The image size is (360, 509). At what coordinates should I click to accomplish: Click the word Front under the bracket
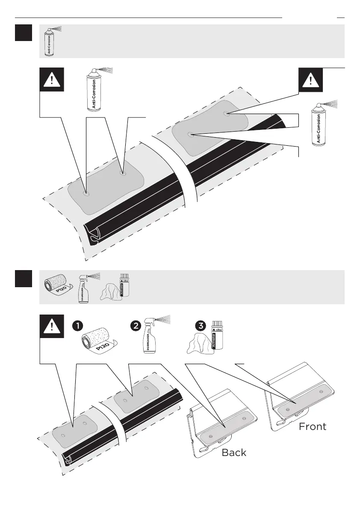pyautogui.click(x=312, y=426)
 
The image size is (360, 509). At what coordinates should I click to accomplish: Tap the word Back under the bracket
pyautogui.click(x=234, y=453)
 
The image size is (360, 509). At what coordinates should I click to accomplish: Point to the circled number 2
pyautogui.click(x=136, y=326)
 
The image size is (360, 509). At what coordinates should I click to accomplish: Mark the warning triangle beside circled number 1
pyautogui.click(x=51, y=327)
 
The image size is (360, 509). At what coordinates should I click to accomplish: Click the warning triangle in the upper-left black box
pyautogui.click(x=51, y=79)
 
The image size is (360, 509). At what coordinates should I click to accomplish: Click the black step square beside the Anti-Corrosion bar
pyautogui.click(x=23, y=33)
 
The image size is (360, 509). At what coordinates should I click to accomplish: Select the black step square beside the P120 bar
pyautogui.click(x=23, y=279)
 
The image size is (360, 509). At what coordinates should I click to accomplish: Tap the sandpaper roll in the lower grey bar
pyautogui.click(x=56, y=286)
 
